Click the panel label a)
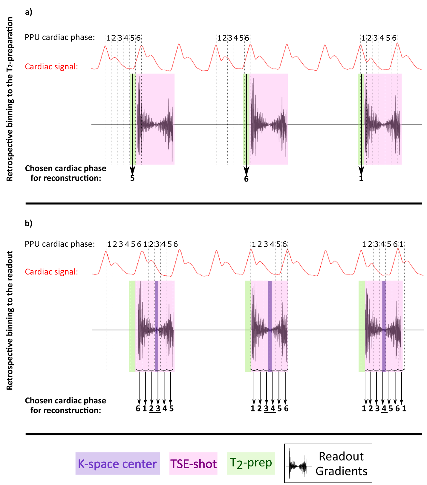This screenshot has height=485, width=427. tap(28, 12)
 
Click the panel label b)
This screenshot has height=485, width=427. tap(28, 223)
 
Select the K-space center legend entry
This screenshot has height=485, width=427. tap(117, 464)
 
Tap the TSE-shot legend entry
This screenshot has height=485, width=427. tap(193, 464)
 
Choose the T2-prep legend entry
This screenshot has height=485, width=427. tap(251, 463)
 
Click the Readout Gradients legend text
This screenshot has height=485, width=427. tap(341, 464)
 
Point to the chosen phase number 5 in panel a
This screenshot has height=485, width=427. tap(132, 179)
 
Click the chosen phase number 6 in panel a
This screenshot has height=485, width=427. tap(246, 179)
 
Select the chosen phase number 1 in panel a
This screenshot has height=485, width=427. tap(361, 179)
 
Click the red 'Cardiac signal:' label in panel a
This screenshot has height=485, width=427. tap(51, 67)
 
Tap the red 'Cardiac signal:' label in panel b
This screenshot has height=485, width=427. tap(51, 272)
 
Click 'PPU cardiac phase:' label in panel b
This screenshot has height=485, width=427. tap(60, 244)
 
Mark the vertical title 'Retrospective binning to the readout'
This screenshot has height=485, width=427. tap(10, 320)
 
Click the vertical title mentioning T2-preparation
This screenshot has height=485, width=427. tap(10, 99)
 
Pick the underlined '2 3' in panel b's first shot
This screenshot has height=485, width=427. tap(155, 409)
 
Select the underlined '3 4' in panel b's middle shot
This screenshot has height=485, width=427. tap(270, 409)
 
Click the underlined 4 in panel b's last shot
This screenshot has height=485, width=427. tap(384, 409)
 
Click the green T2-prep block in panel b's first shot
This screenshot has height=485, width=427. tap(132, 326)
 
